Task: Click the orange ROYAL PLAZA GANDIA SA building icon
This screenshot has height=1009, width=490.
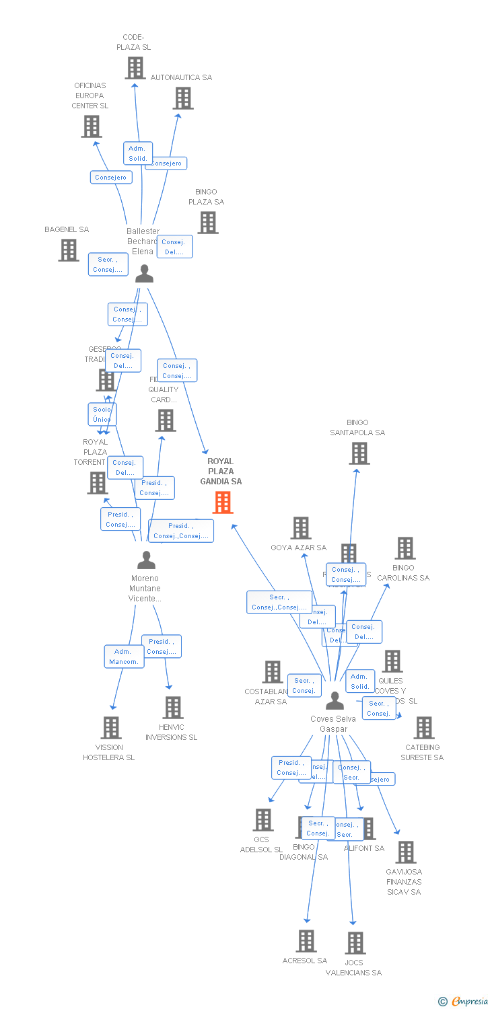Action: (x=223, y=502)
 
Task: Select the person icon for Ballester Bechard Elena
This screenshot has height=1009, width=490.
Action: (x=144, y=273)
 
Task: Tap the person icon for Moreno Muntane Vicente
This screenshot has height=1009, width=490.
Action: (x=146, y=560)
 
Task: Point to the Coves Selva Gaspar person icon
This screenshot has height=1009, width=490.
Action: (x=335, y=701)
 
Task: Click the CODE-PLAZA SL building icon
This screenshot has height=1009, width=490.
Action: (x=135, y=68)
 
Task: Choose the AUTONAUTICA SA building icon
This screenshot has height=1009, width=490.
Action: (x=183, y=98)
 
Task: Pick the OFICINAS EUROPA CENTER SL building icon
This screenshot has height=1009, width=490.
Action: (x=92, y=126)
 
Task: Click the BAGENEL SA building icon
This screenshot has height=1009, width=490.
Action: (x=69, y=250)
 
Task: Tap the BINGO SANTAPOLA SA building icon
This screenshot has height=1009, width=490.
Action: (x=359, y=453)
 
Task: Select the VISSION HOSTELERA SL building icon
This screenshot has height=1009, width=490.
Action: (x=111, y=728)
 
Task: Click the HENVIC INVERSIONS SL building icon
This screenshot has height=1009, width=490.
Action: (x=173, y=708)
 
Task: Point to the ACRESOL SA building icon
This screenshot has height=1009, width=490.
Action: (x=306, y=941)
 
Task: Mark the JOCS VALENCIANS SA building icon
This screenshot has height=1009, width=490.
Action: (x=355, y=943)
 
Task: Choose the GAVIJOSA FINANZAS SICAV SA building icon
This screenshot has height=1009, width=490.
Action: (x=405, y=852)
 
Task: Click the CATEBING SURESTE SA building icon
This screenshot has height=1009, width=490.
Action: (x=424, y=728)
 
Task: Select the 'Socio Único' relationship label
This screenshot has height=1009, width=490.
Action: (x=102, y=414)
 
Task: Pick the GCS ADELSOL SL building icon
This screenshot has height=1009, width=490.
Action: (x=263, y=820)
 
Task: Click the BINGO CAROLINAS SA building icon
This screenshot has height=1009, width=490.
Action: (x=405, y=548)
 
